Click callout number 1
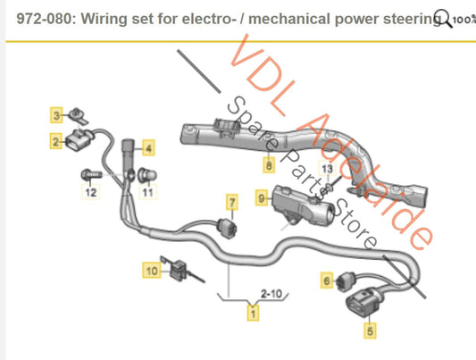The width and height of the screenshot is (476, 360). pyautogui.click(x=253, y=313)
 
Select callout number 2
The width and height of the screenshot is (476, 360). pyautogui.click(x=55, y=140)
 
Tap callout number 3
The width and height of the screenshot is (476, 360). pyautogui.click(x=55, y=115)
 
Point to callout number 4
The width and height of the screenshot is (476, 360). pyautogui.click(x=148, y=148)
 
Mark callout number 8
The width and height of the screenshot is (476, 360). pyautogui.click(x=267, y=165)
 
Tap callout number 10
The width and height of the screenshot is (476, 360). pyautogui.click(x=151, y=267)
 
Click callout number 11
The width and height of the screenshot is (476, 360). pyautogui.click(x=148, y=191)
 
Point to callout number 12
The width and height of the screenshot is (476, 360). pyautogui.click(x=90, y=191)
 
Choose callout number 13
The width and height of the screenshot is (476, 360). pyautogui.click(x=326, y=169)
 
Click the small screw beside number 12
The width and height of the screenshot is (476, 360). pyautogui.click(x=90, y=172)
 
